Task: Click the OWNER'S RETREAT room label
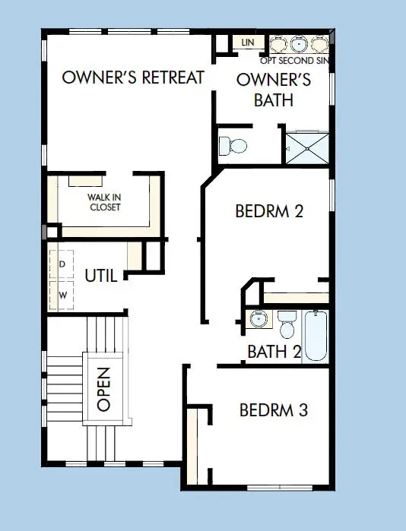click(x=133, y=77)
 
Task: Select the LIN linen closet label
click(x=247, y=43)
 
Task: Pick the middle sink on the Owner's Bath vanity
click(x=297, y=43)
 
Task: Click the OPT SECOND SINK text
click(x=297, y=60)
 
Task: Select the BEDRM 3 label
click(x=273, y=410)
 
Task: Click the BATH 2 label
click(x=274, y=352)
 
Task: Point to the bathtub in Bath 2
click(x=315, y=337)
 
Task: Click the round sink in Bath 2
click(x=259, y=319)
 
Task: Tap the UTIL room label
click(x=100, y=276)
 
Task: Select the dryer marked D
click(x=62, y=264)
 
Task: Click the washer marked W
click(x=62, y=293)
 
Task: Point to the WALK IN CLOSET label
click(x=104, y=202)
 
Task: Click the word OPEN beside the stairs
click(x=104, y=389)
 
